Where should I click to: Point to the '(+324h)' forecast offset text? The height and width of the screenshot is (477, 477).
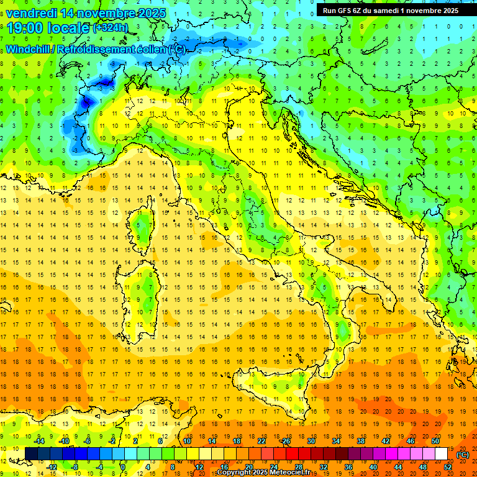click(x=111, y=28)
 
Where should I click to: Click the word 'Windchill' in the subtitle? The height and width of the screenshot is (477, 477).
click(x=29, y=49)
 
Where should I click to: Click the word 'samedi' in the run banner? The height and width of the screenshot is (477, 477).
click(x=393, y=10)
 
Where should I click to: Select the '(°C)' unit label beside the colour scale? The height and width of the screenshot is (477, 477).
click(x=463, y=455)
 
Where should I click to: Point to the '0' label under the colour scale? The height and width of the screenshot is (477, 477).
click(x=124, y=467)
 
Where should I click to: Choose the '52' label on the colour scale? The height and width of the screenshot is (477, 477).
click(x=448, y=467)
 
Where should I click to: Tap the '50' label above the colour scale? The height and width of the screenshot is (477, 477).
click(x=435, y=441)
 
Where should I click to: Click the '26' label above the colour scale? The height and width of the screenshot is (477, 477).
click(x=286, y=441)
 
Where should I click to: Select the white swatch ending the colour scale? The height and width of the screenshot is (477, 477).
click(x=442, y=453)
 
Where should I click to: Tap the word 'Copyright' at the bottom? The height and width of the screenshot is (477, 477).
click(x=235, y=473)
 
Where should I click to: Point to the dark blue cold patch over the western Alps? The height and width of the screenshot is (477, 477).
click(x=87, y=99)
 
